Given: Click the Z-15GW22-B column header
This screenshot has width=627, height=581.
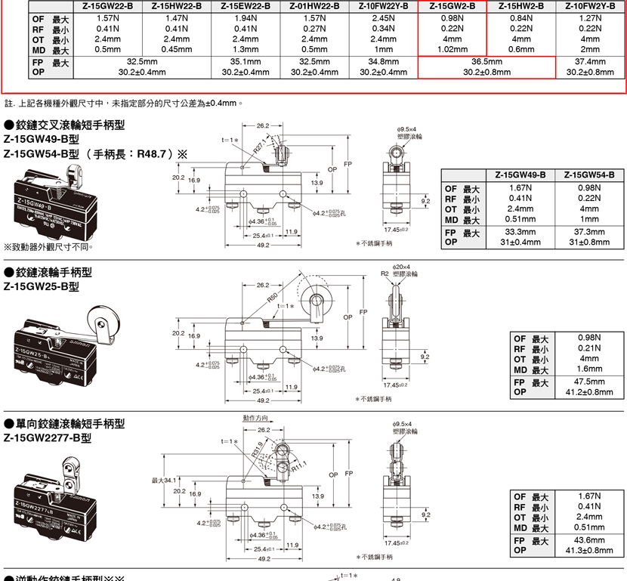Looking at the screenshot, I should click(x=108, y=6).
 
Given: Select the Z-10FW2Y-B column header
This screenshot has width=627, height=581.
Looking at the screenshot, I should click(x=589, y=6).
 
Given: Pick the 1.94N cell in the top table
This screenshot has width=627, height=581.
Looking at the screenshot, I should click(x=246, y=17).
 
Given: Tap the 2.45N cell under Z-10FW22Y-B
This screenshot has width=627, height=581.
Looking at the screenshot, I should click(x=383, y=17).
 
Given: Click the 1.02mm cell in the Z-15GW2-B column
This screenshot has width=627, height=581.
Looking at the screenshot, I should click(x=452, y=49).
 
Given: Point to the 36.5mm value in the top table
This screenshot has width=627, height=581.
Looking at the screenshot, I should click(x=486, y=61).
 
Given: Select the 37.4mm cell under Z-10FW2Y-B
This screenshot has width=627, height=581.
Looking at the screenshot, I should click(x=589, y=61).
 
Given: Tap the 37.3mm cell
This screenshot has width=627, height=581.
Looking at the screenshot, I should click(x=589, y=232).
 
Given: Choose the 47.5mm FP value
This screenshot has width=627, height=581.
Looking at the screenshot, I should click(x=589, y=382).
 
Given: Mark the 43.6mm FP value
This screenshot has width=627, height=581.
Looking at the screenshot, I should click(x=589, y=540).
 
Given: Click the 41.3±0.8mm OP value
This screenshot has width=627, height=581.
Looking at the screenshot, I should click(x=589, y=551).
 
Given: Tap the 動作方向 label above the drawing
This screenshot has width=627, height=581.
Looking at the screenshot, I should click(x=255, y=418).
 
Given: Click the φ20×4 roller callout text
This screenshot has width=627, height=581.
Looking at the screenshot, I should click(x=403, y=267).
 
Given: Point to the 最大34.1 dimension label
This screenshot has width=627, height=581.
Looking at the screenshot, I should click(x=164, y=480).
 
